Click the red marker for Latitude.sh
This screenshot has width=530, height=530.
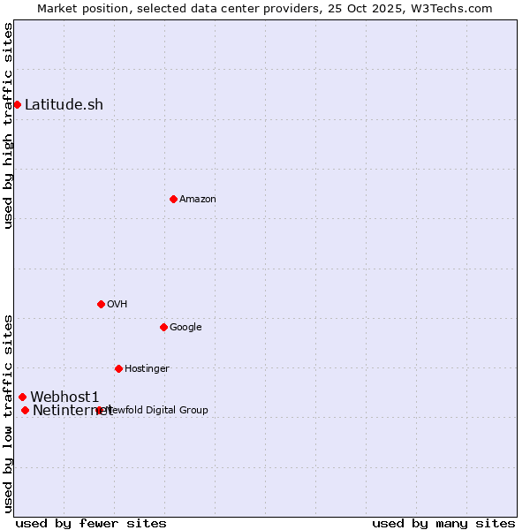pyautogui.click(x=17, y=104)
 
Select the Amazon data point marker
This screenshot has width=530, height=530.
pyautogui.click(x=173, y=199)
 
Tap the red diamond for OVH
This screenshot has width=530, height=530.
pyautogui.click(x=101, y=304)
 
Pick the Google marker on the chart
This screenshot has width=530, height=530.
pyautogui.click(x=163, y=327)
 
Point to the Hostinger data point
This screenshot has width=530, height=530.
pyautogui.click(x=118, y=368)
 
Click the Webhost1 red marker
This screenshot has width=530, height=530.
pyautogui.click(x=22, y=397)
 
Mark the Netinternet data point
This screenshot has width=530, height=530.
pyautogui.click(x=25, y=410)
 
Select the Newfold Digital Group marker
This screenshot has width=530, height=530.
pyautogui.click(x=99, y=410)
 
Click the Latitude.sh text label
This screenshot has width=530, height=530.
pyautogui.click(x=64, y=104)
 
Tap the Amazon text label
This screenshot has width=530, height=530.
pyautogui.click(x=198, y=199)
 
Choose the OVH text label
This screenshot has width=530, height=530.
pyautogui.click(x=117, y=304)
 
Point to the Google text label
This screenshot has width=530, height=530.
pyautogui.click(x=185, y=327)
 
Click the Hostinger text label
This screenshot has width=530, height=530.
pyautogui.click(x=147, y=368)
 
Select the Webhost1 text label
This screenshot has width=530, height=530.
pyautogui.click(x=64, y=397)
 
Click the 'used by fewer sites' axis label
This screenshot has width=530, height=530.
pyautogui.click(x=91, y=523)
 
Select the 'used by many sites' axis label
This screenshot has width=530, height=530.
pyautogui.click(x=443, y=523)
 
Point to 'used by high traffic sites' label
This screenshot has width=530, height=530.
pyautogui.click(x=8, y=126)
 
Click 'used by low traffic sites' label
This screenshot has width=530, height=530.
pyautogui.click(x=8, y=413)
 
